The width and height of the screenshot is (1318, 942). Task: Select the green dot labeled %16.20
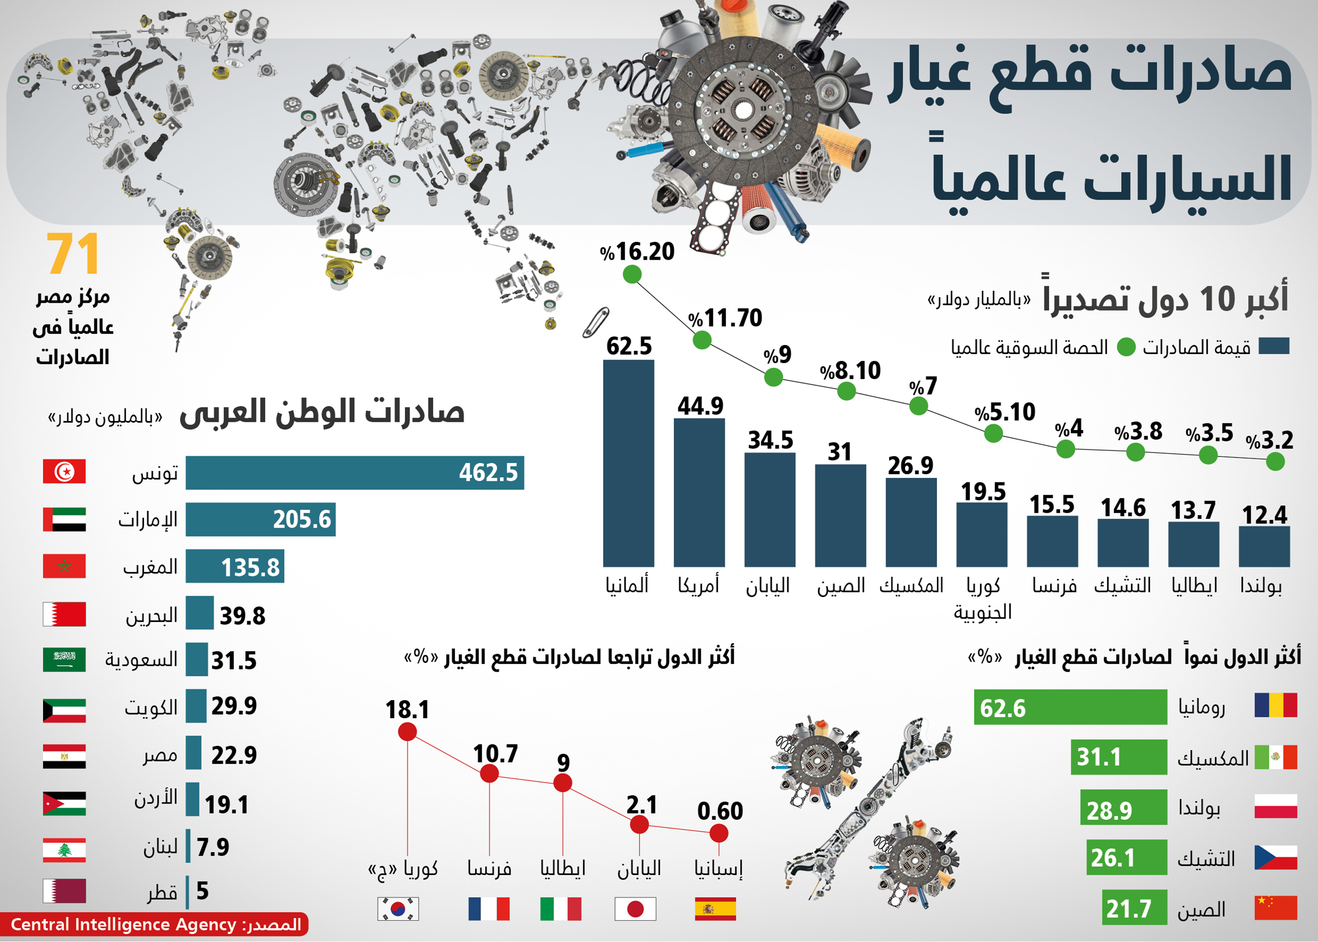(632, 274)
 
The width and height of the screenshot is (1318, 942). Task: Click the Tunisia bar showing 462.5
(355, 473)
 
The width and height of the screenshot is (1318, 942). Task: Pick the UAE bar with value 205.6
(260, 519)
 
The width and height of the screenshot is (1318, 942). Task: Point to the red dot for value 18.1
(407, 732)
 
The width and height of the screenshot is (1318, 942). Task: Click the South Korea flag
(398, 909)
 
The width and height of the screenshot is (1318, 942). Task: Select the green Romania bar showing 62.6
(1070, 707)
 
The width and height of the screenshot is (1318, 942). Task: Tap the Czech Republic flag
(1276, 857)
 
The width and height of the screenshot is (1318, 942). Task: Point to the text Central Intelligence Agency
(124, 925)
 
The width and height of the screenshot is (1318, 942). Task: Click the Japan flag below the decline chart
(635, 909)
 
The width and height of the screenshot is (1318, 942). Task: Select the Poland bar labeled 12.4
(1264, 546)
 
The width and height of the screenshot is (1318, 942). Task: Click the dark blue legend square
(1274, 346)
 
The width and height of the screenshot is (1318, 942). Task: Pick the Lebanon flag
(64, 850)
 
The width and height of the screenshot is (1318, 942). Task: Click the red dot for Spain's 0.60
(719, 833)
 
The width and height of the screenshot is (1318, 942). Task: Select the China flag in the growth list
(1276, 908)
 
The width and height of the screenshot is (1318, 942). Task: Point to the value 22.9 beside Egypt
(234, 755)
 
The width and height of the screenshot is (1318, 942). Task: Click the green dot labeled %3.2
(1275, 462)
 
